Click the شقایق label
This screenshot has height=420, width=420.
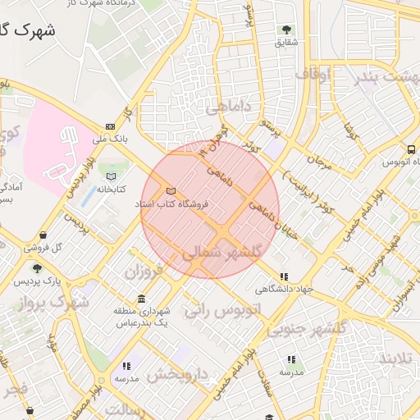click(286, 42)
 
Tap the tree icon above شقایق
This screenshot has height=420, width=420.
click(286, 30)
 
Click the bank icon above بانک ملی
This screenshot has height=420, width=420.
click(110, 127)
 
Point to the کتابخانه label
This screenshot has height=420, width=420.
click(111, 189)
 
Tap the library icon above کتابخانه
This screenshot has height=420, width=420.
click(112, 176)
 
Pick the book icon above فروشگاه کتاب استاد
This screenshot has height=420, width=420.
click(171, 190)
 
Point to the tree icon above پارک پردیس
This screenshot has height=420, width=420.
click(36, 268)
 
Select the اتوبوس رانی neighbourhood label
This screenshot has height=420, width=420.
click(222, 310)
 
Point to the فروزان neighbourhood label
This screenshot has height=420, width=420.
click(150, 270)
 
